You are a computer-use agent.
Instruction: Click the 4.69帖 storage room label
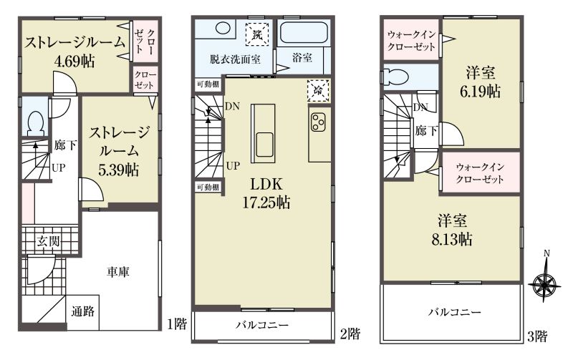coord(74,52)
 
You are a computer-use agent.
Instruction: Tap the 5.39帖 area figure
coord(118,170)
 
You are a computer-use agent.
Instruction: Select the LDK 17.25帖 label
coord(266,193)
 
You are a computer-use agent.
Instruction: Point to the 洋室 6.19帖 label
coord(480,82)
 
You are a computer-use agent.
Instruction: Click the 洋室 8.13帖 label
coord(452,230)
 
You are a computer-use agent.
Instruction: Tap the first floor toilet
coord(36,123)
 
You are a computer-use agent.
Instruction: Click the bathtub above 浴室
coord(304,33)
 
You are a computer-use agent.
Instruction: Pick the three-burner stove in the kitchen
coord(318,122)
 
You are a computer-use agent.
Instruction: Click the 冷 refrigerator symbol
coord(318,90)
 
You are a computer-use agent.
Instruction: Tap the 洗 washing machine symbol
coord(257,34)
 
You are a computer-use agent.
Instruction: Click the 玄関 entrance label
coord(48,241)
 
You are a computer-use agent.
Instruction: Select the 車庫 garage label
coord(118,272)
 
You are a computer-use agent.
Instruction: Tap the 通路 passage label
coord(83,311)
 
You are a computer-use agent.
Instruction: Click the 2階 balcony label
coord(262,325)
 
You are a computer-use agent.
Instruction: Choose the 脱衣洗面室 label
coord(235,59)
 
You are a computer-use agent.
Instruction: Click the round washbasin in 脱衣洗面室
coord(223,28)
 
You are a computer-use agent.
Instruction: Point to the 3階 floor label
coord(536,336)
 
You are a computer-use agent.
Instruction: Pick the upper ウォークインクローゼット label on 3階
coord(411,41)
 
